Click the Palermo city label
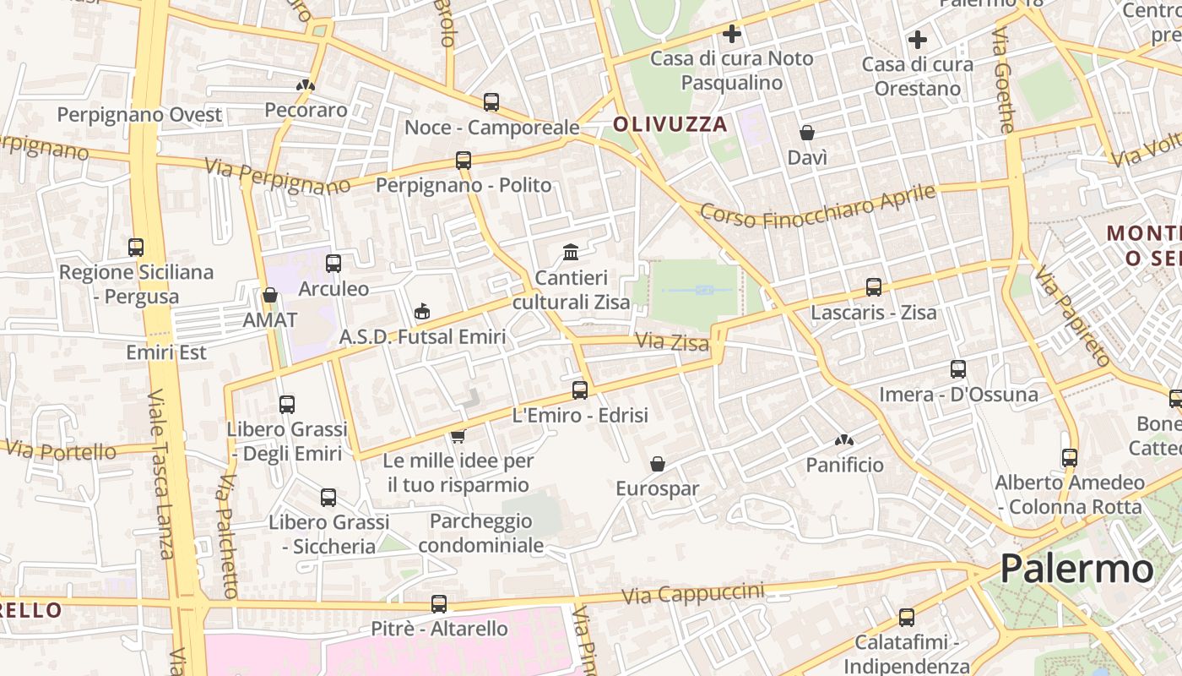pos(1076,569)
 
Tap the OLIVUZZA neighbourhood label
pos(670,124)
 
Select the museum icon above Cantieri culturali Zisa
pos(571,252)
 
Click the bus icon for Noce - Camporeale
pos(491,102)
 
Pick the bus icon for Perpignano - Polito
pos(463,161)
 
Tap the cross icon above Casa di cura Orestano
pos(918,39)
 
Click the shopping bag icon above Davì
pos(807,133)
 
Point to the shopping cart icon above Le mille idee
pos(458,436)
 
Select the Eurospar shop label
pos(658,488)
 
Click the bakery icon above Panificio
pos(843,440)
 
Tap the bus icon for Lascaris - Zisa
pos(874,287)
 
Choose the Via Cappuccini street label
pos(692,593)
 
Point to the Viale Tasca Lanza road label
pos(160,473)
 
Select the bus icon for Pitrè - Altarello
pos(439,603)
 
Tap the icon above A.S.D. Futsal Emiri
pos(422,312)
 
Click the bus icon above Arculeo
pos(333,263)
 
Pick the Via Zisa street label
pos(663,341)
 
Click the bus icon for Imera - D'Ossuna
pos(957,369)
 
